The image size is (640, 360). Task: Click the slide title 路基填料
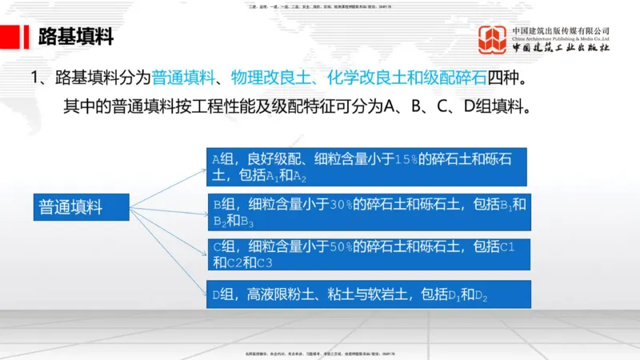click(76, 37)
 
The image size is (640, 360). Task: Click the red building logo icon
click(492, 40)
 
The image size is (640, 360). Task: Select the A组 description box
click(367, 166)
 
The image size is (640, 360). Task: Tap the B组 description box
click(367, 211)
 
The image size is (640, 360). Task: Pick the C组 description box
click(367, 253)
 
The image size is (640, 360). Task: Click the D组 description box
click(367, 295)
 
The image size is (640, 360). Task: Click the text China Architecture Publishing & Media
click(562, 38)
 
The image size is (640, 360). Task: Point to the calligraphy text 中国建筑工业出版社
click(562, 48)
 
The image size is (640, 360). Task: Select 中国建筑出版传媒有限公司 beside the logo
click(562, 30)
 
